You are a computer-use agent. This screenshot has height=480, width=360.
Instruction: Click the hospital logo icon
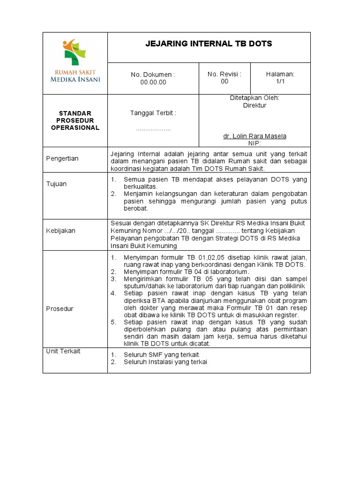point(75,52)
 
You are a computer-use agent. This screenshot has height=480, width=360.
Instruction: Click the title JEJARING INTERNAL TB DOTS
point(209,44)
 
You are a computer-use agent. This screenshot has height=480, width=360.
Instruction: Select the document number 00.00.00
point(153,82)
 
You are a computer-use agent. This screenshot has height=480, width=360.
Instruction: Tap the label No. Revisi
point(225,74)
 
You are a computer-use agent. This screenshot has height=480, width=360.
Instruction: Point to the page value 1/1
point(280,82)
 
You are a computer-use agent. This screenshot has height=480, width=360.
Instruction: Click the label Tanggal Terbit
point(153,113)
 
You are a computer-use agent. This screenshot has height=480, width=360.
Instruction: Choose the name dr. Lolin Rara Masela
point(255,136)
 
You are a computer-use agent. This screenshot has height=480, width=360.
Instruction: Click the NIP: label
point(255,143)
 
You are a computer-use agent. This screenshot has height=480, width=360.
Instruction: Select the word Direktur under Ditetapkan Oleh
point(255,105)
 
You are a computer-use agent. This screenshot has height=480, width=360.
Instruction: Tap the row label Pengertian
point(62,158)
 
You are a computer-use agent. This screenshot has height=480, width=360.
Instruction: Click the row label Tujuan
point(56,184)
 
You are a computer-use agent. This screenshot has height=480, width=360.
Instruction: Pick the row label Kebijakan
point(60,231)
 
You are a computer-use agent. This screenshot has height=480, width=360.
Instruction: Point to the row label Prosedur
point(60,308)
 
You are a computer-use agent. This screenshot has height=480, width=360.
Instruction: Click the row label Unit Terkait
point(63,351)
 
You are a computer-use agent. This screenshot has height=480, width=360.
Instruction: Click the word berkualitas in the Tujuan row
point(140,186)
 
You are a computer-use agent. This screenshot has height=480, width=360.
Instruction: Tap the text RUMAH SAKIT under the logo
point(75,72)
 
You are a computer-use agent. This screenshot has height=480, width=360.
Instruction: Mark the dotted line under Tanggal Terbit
point(153,128)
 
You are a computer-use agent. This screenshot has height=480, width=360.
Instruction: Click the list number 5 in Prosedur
point(113,322)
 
